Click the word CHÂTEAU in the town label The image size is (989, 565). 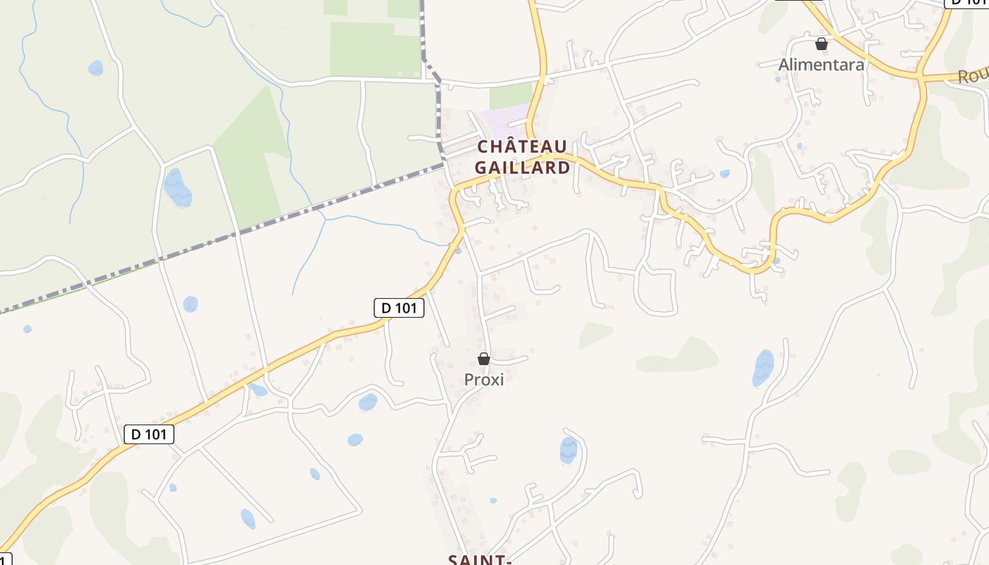(522, 146)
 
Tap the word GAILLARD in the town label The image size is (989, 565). (522, 167)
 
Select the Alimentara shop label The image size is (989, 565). (821, 64)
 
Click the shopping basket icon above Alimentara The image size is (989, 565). (821, 44)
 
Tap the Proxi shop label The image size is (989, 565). (484, 379)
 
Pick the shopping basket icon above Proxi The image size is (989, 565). (484, 359)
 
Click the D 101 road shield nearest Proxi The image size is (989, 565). (398, 307)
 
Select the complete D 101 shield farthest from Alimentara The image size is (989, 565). (148, 434)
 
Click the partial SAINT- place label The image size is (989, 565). (480, 559)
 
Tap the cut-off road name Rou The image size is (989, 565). (972, 76)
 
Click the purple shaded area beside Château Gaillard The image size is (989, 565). (503, 117)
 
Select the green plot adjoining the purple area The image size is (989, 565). (511, 95)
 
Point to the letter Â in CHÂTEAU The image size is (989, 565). (504, 146)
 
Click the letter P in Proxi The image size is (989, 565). (468, 379)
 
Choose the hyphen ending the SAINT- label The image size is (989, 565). (507, 559)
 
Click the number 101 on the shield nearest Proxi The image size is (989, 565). (407, 307)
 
